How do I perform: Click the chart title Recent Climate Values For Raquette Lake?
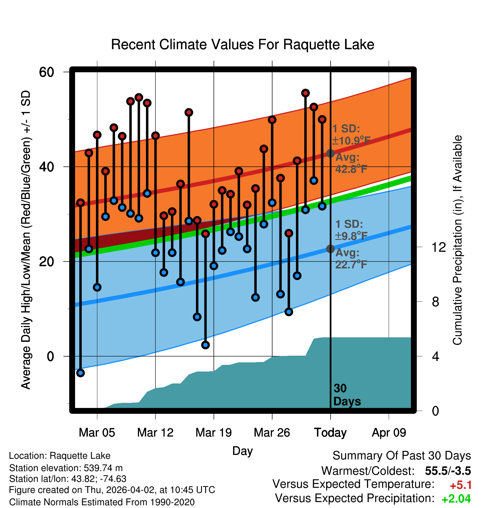(242, 44)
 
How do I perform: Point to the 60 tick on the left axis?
(46, 72)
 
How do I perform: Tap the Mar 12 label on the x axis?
(155, 433)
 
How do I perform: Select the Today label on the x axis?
(330, 433)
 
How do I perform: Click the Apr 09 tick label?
(389, 433)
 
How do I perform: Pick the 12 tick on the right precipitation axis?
(439, 247)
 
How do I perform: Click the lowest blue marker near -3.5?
(80, 373)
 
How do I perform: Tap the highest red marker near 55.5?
(305, 93)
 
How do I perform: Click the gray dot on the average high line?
(330, 153)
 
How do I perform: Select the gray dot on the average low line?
(330, 249)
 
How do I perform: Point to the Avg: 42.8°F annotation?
(351, 163)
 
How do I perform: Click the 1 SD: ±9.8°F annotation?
(351, 230)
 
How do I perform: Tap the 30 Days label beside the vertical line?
(347, 395)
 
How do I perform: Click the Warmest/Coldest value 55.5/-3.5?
(448, 471)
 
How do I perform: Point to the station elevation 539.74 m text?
(66, 468)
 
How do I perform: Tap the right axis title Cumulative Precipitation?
(457, 240)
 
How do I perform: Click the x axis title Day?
(242, 451)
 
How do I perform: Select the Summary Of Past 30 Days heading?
(401, 456)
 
